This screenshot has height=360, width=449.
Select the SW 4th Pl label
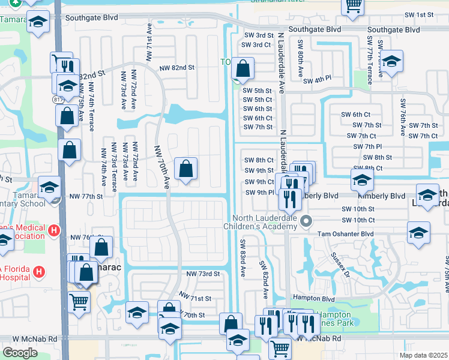click(317, 81)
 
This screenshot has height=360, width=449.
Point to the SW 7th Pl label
click(367, 146)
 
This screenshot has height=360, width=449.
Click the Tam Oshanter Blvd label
click(345, 233)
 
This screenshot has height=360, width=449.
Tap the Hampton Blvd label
click(313, 298)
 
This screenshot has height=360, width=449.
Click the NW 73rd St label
click(203, 274)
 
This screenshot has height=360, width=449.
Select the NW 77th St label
click(86, 196)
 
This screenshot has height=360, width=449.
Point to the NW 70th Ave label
click(162, 167)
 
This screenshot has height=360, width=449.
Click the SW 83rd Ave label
click(243, 259)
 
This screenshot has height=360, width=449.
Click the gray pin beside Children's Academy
click(306, 221)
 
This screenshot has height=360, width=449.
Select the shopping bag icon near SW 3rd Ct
click(242, 69)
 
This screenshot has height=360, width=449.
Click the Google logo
click(20, 353)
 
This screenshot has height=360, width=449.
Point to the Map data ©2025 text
click(424, 355)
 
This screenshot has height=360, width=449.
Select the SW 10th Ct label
click(358, 220)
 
